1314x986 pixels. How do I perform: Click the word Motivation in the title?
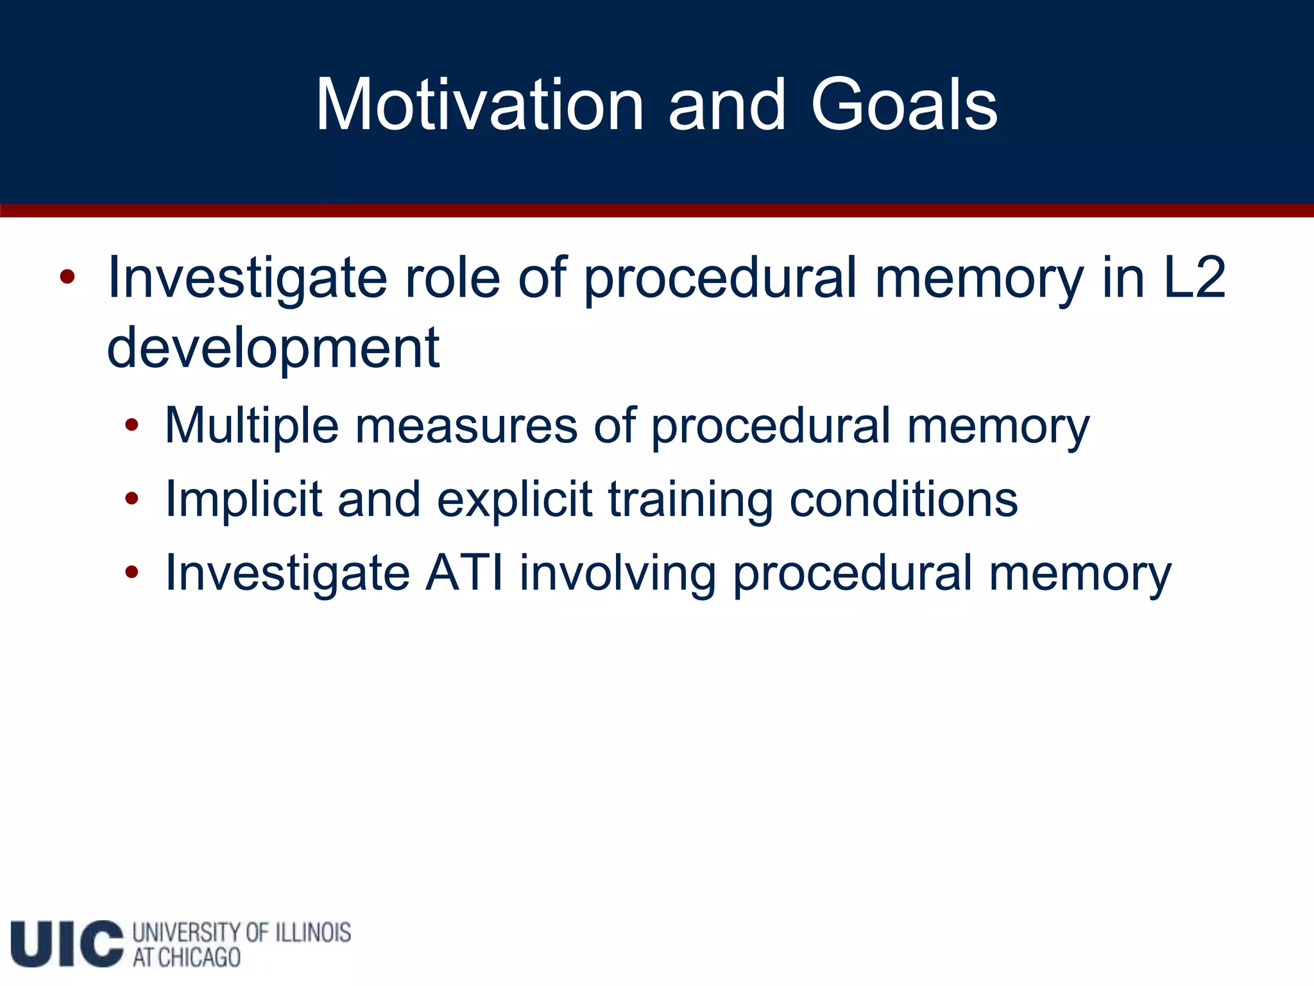point(479,105)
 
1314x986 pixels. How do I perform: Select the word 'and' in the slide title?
point(726,105)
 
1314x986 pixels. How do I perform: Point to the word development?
point(273,348)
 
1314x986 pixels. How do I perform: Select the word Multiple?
point(252,426)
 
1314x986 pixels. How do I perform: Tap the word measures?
point(466,426)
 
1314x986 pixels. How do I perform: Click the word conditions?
point(903,499)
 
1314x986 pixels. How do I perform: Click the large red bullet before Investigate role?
point(67,278)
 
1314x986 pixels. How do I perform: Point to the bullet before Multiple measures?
point(132,425)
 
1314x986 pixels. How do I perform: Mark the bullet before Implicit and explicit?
point(132,499)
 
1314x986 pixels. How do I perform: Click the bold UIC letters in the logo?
point(67,943)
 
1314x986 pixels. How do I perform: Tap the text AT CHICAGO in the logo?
point(187,958)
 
